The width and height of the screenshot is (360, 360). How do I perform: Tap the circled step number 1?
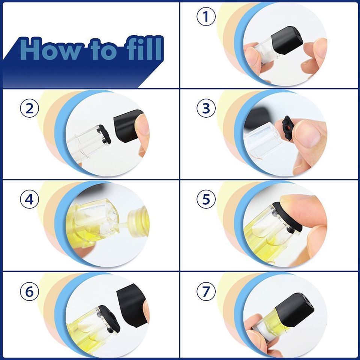tap(206, 17)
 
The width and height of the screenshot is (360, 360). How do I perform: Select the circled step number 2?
tap(29, 109)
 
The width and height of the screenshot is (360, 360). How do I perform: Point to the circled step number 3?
tap(206, 109)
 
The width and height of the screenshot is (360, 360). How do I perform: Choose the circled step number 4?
tap(29, 200)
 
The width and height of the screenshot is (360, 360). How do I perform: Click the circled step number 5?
tap(206, 200)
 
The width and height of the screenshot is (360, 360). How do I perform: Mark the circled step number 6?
tap(29, 291)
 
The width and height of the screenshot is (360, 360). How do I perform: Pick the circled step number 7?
tap(206, 291)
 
